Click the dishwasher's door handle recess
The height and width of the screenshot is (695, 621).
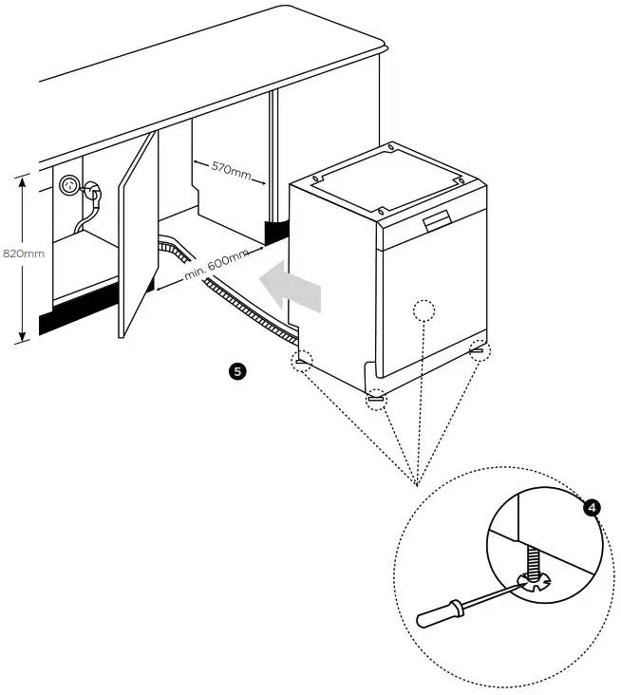coord(436,222)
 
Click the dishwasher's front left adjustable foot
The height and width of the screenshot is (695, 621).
coord(377,399)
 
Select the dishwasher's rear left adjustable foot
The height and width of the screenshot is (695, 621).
coord(302,360)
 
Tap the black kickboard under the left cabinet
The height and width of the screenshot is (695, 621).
coord(76,317)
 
